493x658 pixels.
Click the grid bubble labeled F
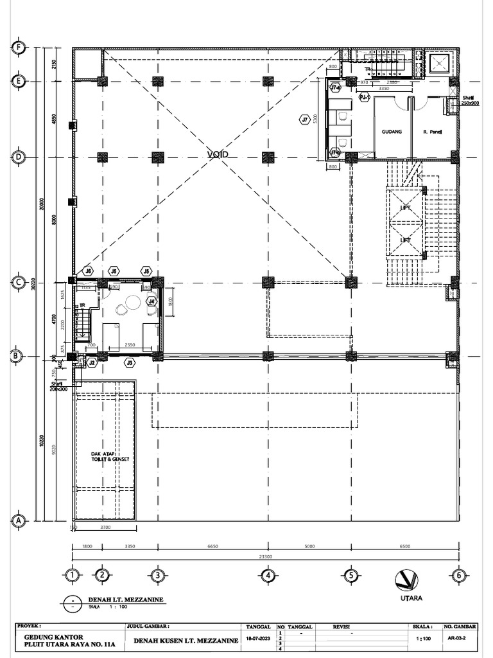tap(19, 48)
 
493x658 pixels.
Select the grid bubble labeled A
tap(19, 521)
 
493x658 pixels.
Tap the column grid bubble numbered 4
tap(268, 576)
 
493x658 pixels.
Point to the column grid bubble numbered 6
tap(458, 576)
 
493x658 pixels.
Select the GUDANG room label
tap(392, 132)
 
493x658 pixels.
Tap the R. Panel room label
tap(433, 132)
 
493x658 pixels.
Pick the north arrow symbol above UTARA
tap(407, 580)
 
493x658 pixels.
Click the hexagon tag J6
tap(89, 271)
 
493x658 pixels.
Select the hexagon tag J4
tap(151, 301)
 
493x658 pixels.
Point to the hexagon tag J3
tap(130, 363)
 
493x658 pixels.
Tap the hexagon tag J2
tap(92, 363)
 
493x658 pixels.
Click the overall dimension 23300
tap(264, 556)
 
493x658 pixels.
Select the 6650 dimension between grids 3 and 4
tap(212, 546)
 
